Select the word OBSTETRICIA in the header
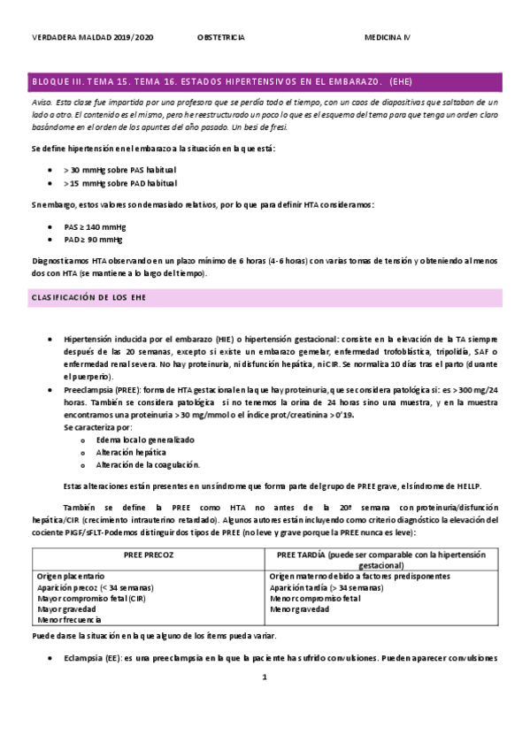pos(220,37)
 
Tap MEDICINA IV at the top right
pos(388,37)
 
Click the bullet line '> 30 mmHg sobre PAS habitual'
pos(120,168)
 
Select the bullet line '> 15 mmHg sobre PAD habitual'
pos(120,184)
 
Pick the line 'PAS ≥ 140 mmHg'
pos(95,226)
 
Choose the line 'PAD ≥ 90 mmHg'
pos(94,240)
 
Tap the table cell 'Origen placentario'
pos(70,575)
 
